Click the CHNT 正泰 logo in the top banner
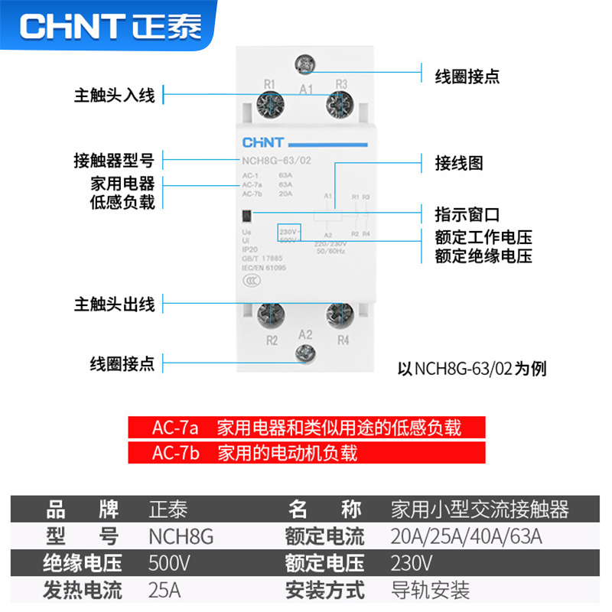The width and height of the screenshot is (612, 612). point(111,26)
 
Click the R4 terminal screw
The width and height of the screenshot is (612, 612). point(340,314)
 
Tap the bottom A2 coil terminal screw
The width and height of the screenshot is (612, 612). point(305,353)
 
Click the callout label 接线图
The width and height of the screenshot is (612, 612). point(459,163)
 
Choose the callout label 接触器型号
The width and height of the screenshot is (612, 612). point(114,161)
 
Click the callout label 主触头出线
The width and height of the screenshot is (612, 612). point(114,304)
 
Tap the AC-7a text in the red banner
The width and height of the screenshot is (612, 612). point(175,427)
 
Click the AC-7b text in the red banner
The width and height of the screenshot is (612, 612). point(175,453)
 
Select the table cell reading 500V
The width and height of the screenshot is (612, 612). point(169,564)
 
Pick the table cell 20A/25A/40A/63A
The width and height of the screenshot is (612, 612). point(466,536)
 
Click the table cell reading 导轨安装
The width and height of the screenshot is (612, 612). point(430,591)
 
